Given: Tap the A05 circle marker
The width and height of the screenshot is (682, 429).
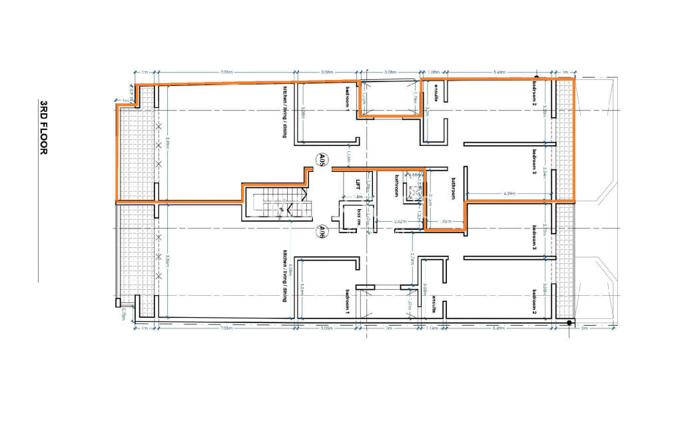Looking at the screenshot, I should pyautogui.click(x=321, y=160).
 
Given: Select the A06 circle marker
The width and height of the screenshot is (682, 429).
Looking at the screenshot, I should pyautogui.click(x=321, y=231).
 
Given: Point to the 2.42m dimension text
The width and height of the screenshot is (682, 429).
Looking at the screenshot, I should pyautogui.click(x=400, y=220).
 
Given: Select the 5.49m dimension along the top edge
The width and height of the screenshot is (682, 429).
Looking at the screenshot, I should pyautogui.click(x=497, y=71).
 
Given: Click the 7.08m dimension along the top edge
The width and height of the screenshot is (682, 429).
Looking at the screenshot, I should pyautogui.click(x=224, y=71).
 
